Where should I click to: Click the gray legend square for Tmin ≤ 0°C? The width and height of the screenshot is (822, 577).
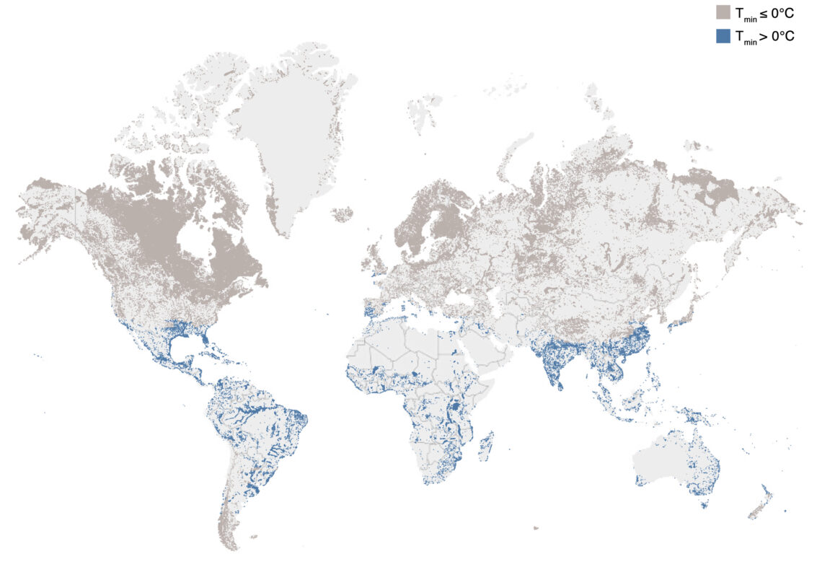coord(723,12)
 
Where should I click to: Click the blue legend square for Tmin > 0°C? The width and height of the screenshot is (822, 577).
coord(723,35)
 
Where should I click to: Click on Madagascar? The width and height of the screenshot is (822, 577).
coord(487,446)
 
